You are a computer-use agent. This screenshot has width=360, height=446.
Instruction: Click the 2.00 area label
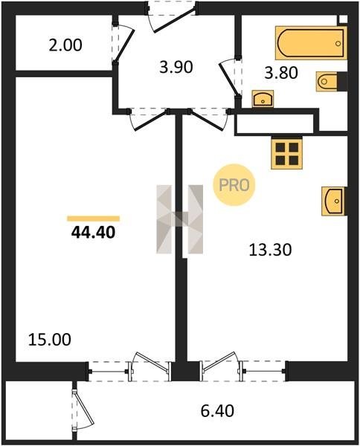pos(65,45)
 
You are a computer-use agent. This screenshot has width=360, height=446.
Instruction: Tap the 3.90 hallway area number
pos(176,68)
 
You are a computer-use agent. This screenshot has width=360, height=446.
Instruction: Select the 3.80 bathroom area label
pos(281,73)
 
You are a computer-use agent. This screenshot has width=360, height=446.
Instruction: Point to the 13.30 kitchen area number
pos(270,250)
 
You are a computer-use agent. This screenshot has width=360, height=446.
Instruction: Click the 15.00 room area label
pos(50,340)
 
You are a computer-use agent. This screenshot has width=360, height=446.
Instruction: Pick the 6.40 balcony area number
pos(217,411)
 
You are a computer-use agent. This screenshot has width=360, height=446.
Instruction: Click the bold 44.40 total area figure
pos(93,233)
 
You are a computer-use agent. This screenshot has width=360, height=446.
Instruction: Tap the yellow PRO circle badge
pos(234,185)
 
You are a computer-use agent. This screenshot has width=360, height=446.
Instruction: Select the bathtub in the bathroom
pos(311,43)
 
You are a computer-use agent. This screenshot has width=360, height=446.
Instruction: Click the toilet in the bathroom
pos(329,81)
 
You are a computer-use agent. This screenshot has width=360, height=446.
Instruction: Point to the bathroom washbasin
pos(263,99)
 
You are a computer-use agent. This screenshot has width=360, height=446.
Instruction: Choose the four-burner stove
pos(286,154)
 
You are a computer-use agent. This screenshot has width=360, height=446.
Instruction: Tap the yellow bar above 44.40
pos(93,219)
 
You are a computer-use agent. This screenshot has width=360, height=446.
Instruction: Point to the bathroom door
pos(229,77)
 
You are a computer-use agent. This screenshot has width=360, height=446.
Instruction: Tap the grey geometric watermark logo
pos(179,219)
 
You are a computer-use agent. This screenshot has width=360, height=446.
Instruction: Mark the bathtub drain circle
pos(338,44)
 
